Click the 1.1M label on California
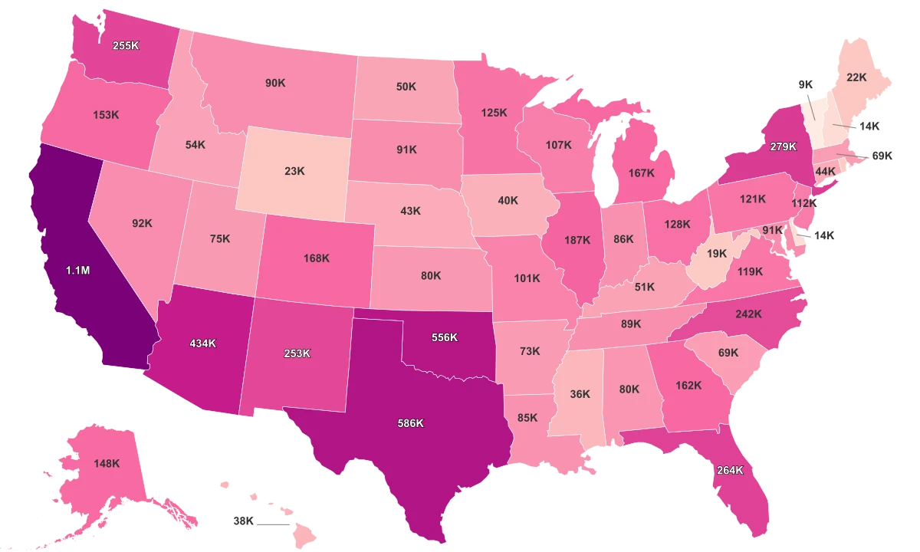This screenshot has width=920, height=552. pyautogui.click(x=77, y=271)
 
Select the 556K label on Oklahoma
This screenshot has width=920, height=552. pyautogui.click(x=444, y=337)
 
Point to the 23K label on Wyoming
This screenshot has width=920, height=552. pyautogui.click(x=294, y=171)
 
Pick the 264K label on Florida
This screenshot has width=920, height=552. pyautogui.click(x=730, y=471)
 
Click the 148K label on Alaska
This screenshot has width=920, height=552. pyautogui.click(x=107, y=463)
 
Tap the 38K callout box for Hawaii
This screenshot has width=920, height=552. pyautogui.click(x=243, y=521)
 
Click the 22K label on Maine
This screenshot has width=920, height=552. pyautogui.click(x=856, y=77)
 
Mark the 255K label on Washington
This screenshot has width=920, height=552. pyautogui.click(x=125, y=45)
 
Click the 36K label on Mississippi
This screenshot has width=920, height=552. pyautogui.click(x=580, y=394)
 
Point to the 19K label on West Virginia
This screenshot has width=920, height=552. pyautogui.click(x=717, y=253)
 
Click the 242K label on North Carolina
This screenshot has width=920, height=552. pyautogui.click(x=748, y=314)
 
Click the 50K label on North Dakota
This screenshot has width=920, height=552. pyautogui.click(x=406, y=87)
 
